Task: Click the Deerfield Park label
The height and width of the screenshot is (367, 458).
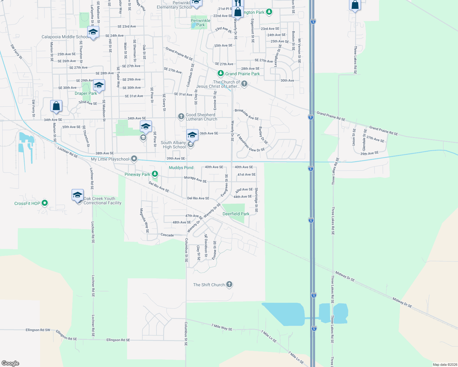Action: pyautogui.click(x=236, y=214)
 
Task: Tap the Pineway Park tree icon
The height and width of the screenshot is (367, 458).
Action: pyautogui.click(x=155, y=174)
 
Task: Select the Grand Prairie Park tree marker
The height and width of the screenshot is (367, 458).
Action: pyautogui.click(x=220, y=73)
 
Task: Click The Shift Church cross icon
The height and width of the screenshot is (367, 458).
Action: pyautogui.click(x=229, y=284)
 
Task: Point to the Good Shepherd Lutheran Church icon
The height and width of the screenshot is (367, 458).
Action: pyautogui.click(x=181, y=117)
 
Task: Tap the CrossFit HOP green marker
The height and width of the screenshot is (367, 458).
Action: pyautogui.click(x=45, y=203)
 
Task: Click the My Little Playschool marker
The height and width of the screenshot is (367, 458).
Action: pyautogui.click(x=134, y=159)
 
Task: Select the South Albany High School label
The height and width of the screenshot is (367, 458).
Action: pyautogui.click(x=173, y=145)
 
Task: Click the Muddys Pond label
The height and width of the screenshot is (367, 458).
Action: pyautogui.click(x=181, y=168)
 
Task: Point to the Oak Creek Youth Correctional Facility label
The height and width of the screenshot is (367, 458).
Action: pyautogui.click(x=102, y=201)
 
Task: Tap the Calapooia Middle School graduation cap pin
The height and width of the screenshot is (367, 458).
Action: pyautogui.click(x=93, y=32)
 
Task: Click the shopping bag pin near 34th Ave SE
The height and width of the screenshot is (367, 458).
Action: pyautogui.click(x=56, y=106)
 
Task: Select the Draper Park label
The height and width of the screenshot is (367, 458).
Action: pyautogui.click(x=86, y=93)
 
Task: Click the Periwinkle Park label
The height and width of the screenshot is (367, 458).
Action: pyautogui.click(x=201, y=23)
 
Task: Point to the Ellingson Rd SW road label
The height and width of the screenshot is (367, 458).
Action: pyautogui.click(x=38, y=330)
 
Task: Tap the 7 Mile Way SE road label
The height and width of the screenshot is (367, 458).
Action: pyautogui.click(x=222, y=327)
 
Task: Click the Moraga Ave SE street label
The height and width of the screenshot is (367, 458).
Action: pyautogui.click(x=195, y=179)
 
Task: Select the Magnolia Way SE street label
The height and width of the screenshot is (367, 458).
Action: pyautogui.click(x=144, y=221)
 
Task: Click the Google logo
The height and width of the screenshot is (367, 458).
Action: pyautogui.click(x=10, y=363)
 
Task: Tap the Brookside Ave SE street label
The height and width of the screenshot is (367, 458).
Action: pyautogui.click(x=247, y=114)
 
